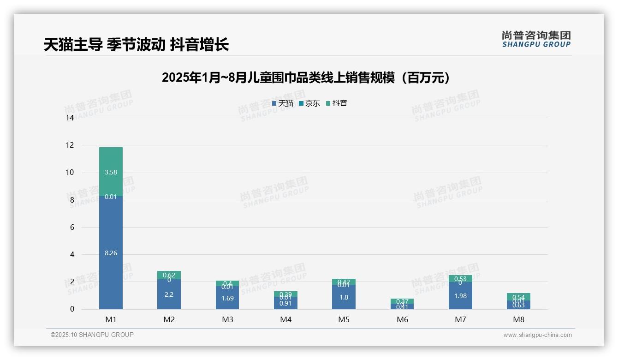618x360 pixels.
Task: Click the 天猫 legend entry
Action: point(283,103)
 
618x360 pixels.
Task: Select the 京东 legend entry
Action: point(309,103)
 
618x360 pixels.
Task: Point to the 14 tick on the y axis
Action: point(70,118)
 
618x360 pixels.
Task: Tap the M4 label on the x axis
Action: point(285,319)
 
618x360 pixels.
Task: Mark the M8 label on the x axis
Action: point(518,319)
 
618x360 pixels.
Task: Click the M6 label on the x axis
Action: point(402,319)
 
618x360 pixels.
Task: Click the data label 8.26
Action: point(111,253)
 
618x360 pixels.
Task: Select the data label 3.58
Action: point(111,173)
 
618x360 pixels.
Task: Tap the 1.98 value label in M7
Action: point(460,296)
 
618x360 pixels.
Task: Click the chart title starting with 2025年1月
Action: point(306,78)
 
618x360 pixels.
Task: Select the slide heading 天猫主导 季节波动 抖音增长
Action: point(136,45)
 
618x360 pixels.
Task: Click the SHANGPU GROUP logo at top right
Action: point(536,39)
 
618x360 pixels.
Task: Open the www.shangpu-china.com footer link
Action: point(537,335)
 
